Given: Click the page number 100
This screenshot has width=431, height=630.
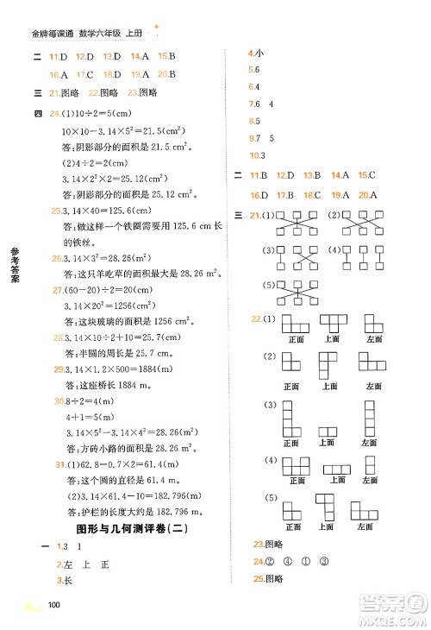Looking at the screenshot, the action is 54,603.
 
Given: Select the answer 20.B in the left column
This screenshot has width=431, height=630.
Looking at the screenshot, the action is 167,74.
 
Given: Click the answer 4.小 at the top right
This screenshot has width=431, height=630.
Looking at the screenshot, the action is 255,54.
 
